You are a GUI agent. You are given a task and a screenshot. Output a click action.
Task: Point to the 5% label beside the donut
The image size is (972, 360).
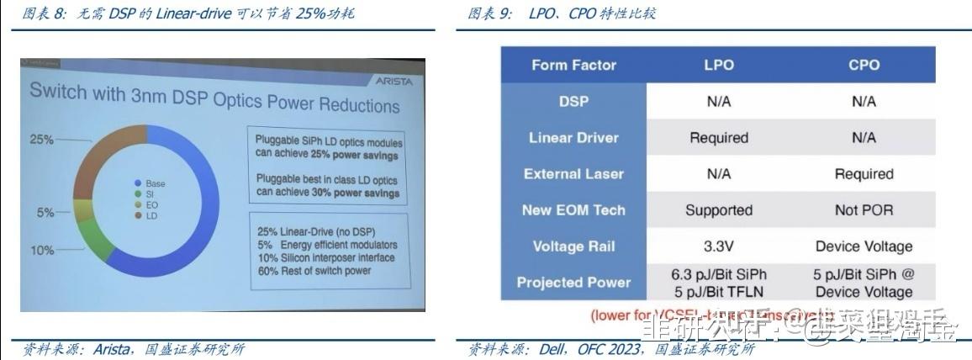pos(45,213)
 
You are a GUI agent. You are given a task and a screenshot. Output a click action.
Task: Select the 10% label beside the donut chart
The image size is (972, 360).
pos(43,250)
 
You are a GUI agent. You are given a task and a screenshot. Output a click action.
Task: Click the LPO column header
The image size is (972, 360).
pos(719,65)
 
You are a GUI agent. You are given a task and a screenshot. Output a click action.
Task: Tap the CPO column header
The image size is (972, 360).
pos(863,65)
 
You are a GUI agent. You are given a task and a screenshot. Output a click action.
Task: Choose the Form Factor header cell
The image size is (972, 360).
pos(573,65)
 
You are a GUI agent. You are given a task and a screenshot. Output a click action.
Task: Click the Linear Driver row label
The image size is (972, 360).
pos(573,137)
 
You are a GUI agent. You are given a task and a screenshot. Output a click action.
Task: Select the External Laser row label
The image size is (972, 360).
pos(573,174)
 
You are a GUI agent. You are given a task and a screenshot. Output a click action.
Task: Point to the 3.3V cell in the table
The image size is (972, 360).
pos(719,246)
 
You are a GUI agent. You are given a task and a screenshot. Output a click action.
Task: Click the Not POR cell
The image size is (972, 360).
pos(863,210)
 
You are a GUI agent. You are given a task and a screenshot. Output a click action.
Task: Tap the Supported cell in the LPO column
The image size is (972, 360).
pos(719,210)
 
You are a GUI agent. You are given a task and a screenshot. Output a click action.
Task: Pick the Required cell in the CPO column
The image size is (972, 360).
pos(863,174)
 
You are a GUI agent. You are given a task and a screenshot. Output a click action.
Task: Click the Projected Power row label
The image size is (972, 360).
pos(573,283)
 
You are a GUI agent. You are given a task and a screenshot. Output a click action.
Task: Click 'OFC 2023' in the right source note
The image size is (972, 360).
pos(611,349)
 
